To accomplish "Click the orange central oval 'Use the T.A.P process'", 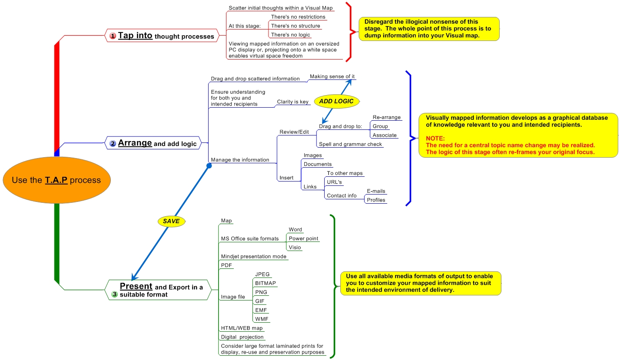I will click(56, 180).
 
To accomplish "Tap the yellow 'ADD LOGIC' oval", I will click(336, 101).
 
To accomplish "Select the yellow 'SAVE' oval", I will click(171, 221).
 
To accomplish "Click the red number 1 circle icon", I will click(113, 36).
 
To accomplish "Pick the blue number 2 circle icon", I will click(113, 143).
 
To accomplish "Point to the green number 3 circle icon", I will click(114, 294).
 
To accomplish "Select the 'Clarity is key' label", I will click(292, 102).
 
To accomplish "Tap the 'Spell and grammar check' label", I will click(350, 144).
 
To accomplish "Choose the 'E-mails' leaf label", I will click(376, 191).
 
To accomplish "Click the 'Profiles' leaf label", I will click(376, 200).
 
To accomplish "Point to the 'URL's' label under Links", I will click(334, 182).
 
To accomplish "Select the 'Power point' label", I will click(303, 238).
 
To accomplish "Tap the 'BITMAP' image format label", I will click(266, 283).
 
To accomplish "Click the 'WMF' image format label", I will click(262, 319).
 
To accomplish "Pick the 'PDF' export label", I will click(226, 265).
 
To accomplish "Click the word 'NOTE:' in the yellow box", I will click(435, 138).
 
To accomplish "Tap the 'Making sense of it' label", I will click(332, 76).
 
